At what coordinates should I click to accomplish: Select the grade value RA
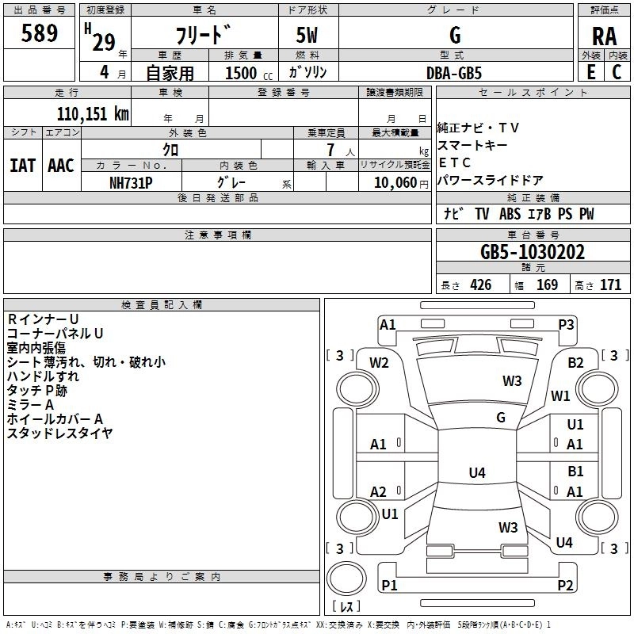(x=604, y=36)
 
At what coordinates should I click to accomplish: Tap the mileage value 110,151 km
(x=93, y=113)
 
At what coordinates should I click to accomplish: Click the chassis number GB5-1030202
(x=533, y=253)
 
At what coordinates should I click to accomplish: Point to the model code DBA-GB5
(x=453, y=72)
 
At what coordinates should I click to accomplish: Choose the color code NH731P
(x=131, y=181)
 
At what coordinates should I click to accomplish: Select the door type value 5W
(x=308, y=36)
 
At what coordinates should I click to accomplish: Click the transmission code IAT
(x=22, y=166)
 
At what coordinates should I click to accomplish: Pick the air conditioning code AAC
(x=61, y=166)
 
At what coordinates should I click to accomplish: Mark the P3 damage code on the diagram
(x=566, y=324)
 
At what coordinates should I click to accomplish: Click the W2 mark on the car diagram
(x=379, y=363)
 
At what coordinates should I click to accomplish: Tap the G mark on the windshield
(x=501, y=417)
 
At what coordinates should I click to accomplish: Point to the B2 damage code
(x=575, y=363)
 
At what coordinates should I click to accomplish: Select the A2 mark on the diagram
(x=379, y=492)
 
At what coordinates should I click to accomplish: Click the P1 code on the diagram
(x=389, y=585)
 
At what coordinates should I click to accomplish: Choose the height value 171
(x=610, y=285)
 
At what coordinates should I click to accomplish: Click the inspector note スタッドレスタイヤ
(x=60, y=433)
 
